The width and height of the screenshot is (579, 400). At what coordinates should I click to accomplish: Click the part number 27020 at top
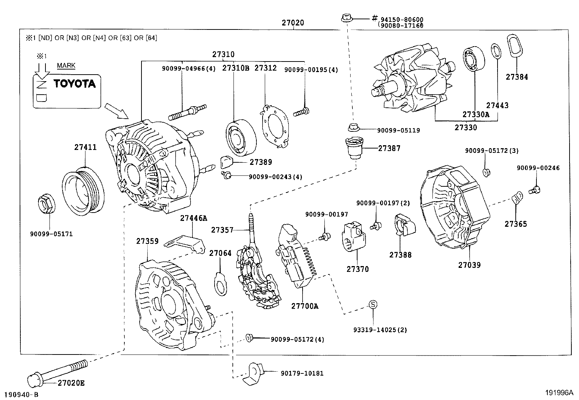292,23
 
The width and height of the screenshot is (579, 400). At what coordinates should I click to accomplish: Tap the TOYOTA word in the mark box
75,84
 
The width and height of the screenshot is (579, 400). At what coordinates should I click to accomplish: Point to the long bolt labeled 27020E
58,371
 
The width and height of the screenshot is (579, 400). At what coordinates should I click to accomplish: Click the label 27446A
193,218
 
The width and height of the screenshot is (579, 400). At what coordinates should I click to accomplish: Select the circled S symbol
373,304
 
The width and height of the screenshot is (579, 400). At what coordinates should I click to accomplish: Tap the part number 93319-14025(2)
380,330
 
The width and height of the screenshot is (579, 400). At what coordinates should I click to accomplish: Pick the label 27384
517,77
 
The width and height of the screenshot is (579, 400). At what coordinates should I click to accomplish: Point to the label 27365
515,224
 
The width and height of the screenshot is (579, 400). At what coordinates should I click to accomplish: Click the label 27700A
304,306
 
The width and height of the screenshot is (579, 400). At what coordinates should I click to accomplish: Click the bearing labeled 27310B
240,136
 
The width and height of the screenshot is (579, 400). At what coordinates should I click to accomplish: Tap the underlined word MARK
66,66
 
